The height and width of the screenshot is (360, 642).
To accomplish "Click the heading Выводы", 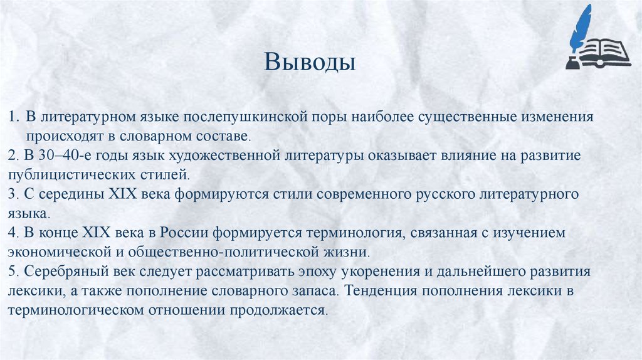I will [310, 62].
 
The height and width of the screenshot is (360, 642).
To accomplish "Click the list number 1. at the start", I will [13, 117].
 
